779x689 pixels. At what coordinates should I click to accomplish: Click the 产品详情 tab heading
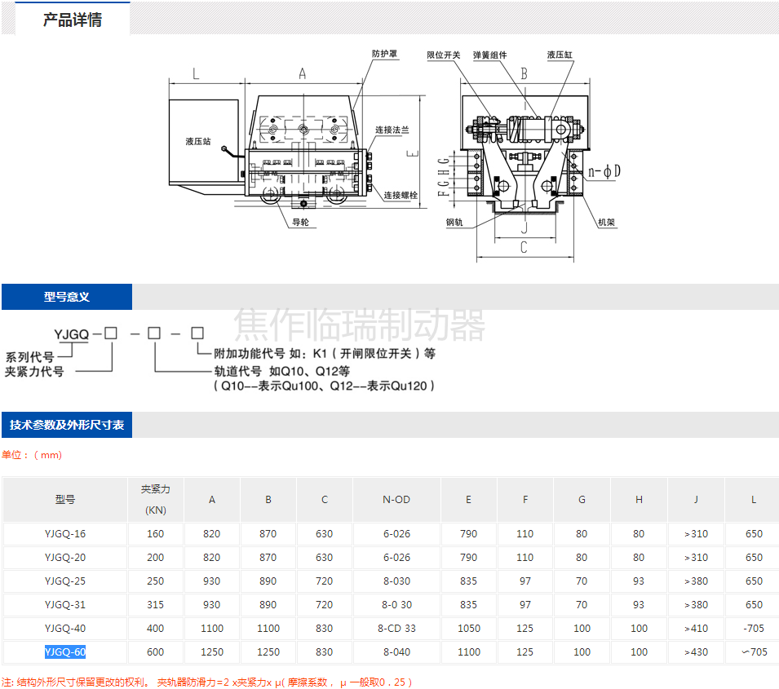(73, 20)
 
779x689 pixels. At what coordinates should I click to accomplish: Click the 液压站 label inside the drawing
(198, 142)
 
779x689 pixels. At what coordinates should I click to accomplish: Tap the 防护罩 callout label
(384, 54)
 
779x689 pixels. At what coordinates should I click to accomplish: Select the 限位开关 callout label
(444, 55)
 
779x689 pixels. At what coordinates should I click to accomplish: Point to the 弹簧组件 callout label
(490, 55)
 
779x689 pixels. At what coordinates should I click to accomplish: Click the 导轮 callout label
(300, 222)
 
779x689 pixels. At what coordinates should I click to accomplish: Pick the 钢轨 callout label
(454, 223)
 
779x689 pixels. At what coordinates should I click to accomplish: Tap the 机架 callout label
(607, 223)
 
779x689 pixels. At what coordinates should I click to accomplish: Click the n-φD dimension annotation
(604, 172)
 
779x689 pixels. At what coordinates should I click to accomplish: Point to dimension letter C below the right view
(524, 247)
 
